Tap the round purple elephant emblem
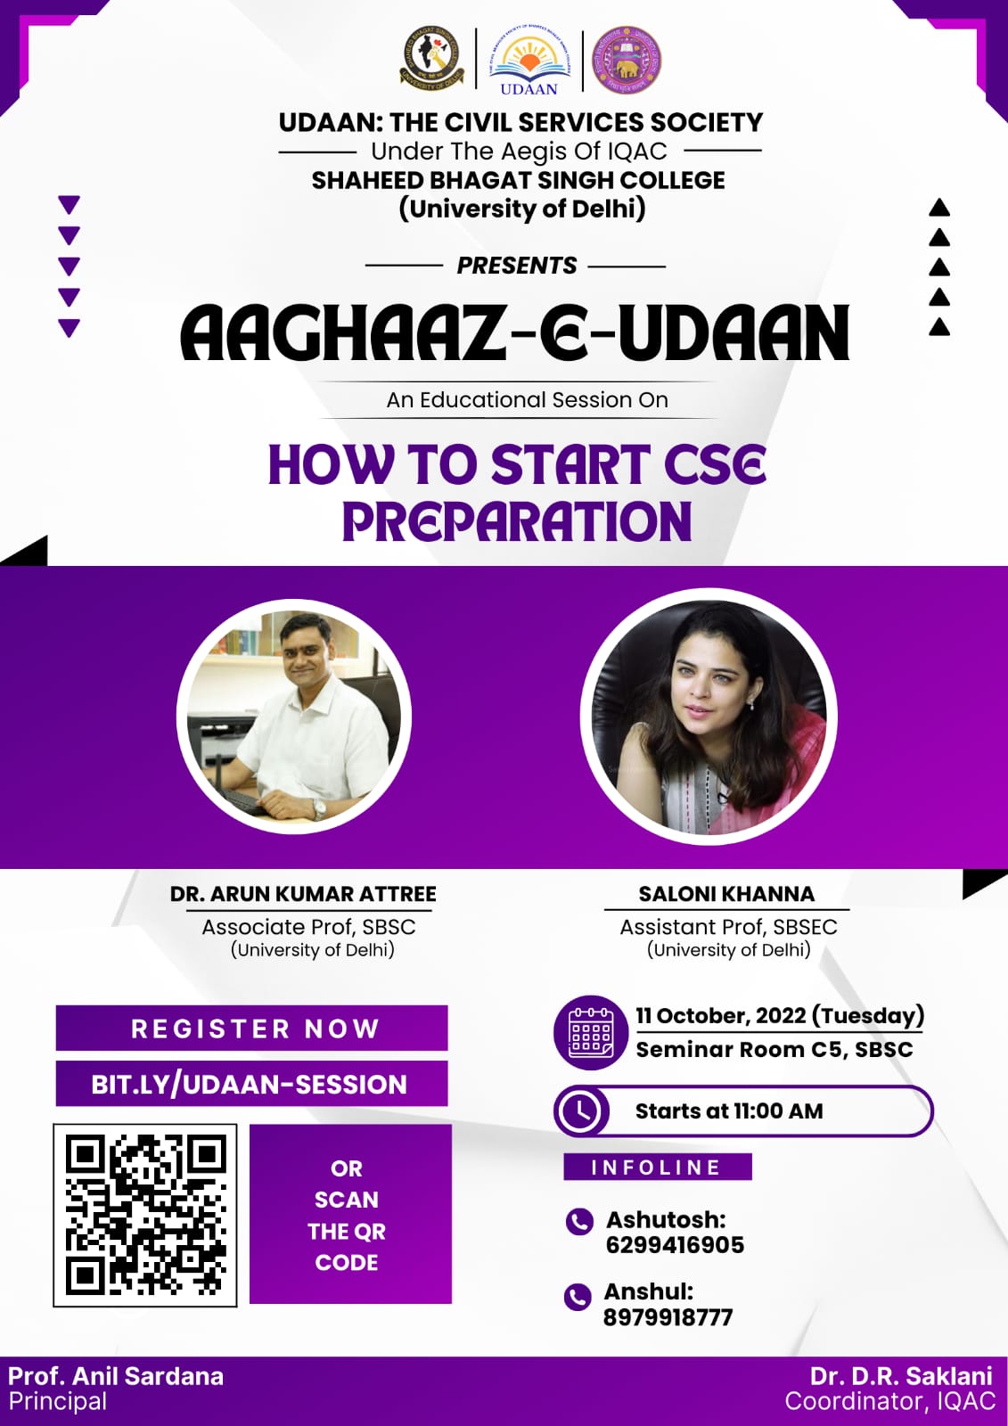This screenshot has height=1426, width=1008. [627, 61]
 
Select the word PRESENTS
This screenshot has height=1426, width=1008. [516, 266]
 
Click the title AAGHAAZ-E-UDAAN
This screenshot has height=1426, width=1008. [514, 332]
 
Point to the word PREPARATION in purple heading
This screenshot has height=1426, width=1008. [516, 522]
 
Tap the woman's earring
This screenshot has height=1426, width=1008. [751, 705]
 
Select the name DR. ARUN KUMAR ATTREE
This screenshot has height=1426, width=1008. [303, 894]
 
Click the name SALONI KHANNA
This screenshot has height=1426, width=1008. [726, 894]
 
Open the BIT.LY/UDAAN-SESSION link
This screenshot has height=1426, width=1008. [249, 1084]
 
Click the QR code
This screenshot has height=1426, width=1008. [145, 1216]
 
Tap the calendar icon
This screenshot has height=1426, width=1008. [591, 1033]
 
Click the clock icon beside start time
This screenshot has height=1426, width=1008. [582, 1111]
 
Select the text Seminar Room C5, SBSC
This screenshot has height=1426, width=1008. [774, 1050]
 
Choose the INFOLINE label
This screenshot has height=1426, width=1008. [657, 1167]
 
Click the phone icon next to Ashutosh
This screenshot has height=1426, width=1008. [579, 1222]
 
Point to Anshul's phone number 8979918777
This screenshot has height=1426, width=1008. [668, 1317]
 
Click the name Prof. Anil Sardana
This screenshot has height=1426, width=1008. [116, 1376]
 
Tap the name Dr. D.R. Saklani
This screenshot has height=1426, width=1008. [901, 1376]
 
